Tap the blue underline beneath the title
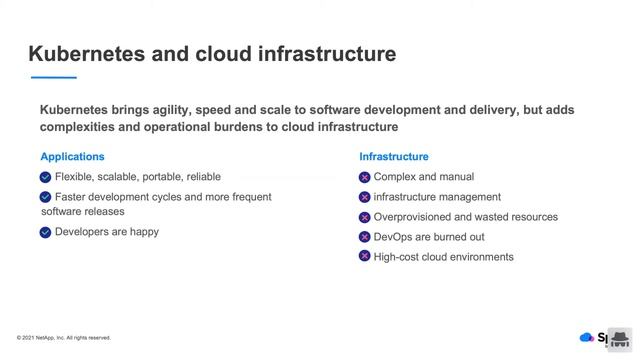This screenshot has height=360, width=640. point(54,77)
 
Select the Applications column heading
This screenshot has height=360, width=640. point(72,157)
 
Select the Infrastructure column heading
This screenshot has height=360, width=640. point(394,157)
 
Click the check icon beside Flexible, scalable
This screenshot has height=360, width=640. point(46,177)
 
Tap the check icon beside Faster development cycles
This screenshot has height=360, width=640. point(46,197)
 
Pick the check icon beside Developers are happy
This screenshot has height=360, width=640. point(46,232)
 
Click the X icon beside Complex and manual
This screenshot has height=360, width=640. point(365,177)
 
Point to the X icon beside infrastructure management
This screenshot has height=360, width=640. point(365,197)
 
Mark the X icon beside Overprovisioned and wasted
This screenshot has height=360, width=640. point(365,217)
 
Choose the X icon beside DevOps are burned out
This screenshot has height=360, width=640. point(365,237)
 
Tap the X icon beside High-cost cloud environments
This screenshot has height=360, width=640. point(365,257)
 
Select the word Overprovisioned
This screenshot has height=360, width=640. point(410,217)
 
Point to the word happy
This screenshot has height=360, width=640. point(144,232)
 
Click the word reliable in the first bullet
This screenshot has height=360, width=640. point(203,177)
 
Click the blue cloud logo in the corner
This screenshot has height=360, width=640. point(586,337)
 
